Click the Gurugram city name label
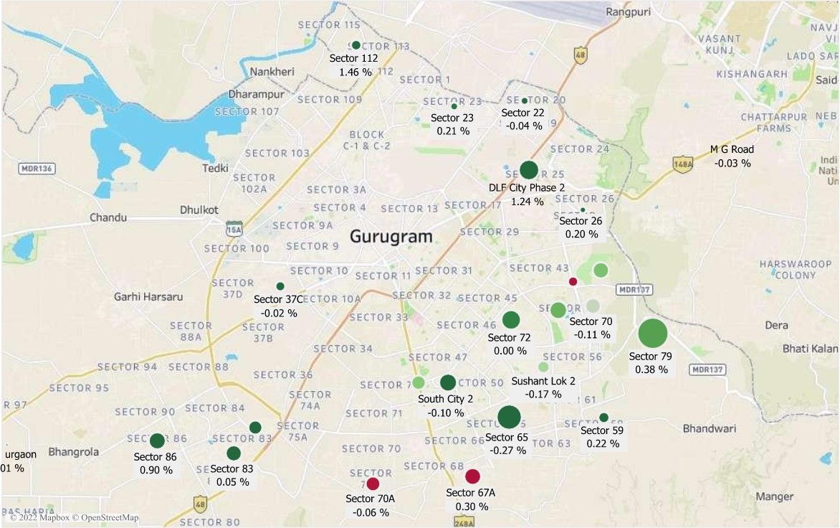pos(391,236)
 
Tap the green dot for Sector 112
pos(356,45)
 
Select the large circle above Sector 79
pos(652,334)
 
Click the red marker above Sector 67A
pos(472,476)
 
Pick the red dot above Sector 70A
pos(373,484)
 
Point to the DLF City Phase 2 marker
pos(528,170)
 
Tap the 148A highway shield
pos(683,165)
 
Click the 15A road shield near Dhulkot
pos(234,230)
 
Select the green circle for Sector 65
pos(509,417)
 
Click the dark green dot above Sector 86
pos(157,440)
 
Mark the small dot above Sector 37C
pos(280,286)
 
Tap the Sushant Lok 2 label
pos(543,381)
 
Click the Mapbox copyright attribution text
pos(75,517)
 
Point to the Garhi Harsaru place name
pos(148,296)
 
